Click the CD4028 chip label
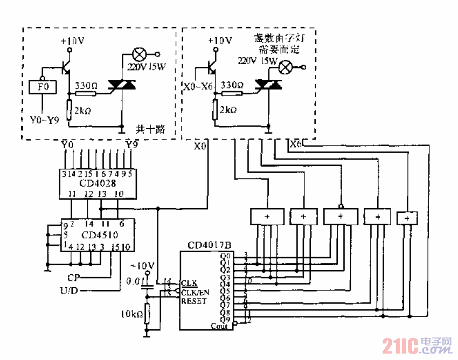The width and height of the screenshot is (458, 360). click(95, 183)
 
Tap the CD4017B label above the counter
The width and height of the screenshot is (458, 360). click(206, 245)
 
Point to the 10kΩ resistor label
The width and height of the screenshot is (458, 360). click(131, 314)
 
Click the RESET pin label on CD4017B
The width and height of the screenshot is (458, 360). click(193, 301)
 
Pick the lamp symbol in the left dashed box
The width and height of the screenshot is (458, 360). click(140, 54)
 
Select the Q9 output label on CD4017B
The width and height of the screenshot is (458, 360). click(226, 319)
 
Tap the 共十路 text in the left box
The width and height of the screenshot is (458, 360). click(150, 129)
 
